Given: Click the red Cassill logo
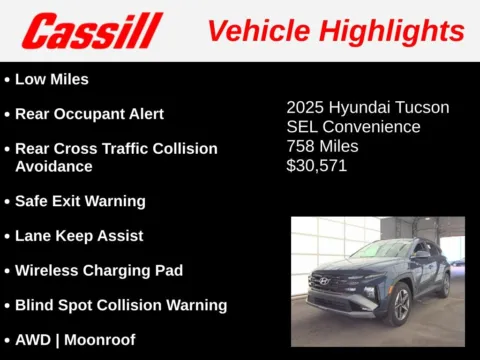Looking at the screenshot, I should [93, 30].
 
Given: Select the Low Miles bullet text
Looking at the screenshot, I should [52, 79].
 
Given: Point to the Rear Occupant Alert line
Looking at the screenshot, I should [89, 114].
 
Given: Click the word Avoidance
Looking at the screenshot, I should [55, 166].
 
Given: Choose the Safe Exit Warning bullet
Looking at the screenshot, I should [80, 201].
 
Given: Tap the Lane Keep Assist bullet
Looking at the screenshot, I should [79, 236].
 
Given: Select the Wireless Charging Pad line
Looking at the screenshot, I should [98, 270].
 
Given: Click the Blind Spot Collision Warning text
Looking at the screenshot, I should [120, 305].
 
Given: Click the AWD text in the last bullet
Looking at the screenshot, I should [33, 339].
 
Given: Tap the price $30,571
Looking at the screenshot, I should [317, 166].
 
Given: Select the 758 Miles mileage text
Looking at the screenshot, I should [322, 146].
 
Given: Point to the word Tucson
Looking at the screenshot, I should [421, 107].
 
